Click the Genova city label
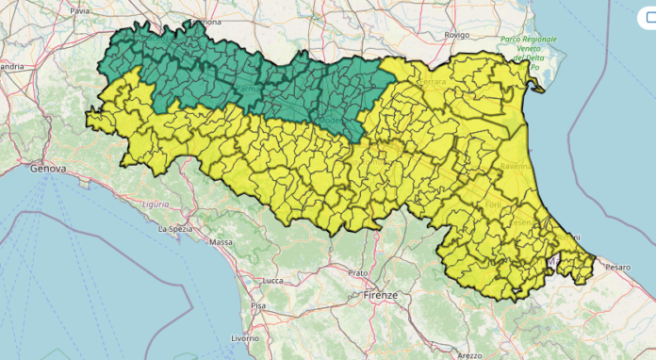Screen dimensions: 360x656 pyautogui.click(x=47, y=169)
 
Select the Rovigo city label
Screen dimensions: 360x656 pyautogui.click(x=457, y=35)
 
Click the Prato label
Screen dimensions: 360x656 pyautogui.click(x=357, y=272)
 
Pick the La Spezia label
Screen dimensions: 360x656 pyautogui.click(x=174, y=229)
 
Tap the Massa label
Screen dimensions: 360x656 pyautogui.click(x=221, y=242)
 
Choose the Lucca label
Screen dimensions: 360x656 pyautogui.click(x=273, y=281)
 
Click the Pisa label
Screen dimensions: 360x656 pyautogui.click(x=257, y=306)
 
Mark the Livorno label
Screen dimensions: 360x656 pyautogui.click(x=244, y=336)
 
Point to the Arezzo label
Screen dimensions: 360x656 pyautogui.click(x=470, y=355)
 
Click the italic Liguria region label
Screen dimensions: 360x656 pyautogui.click(x=156, y=204)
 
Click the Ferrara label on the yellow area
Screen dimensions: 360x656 pyautogui.click(x=433, y=83)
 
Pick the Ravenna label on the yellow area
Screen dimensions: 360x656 pyautogui.click(x=517, y=166)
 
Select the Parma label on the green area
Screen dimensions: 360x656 pyautogui.click(x=247, y=89)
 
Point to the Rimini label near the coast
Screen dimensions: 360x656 pyautogui.click(x=568, y=236)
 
